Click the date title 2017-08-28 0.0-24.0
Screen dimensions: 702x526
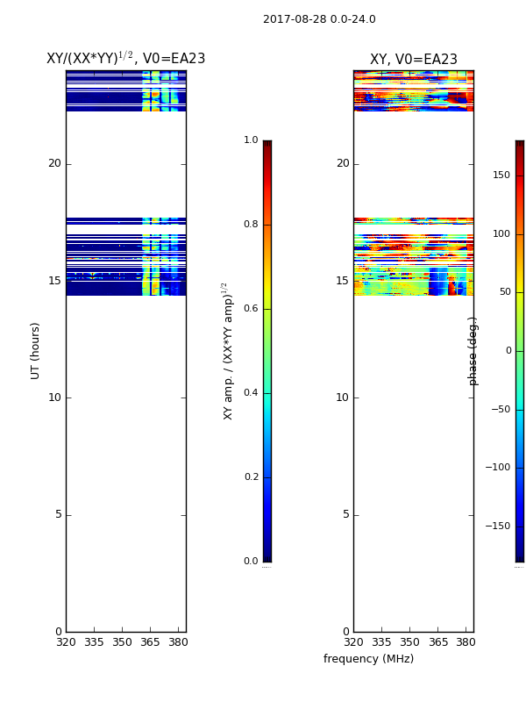(319, 19)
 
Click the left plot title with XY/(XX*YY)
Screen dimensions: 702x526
(125, 59)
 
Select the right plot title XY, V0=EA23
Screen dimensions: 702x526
(413, 60)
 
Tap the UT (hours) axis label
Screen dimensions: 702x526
(36, 350)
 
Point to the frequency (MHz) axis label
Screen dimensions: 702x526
(368, 659)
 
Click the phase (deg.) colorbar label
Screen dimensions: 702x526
(473, 350)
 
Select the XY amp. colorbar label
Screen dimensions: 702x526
(227, 350)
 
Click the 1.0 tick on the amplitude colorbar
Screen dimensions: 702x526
(251, 140)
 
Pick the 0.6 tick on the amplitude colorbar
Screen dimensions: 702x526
(251, 309)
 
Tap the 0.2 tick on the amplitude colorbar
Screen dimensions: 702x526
(251, 477)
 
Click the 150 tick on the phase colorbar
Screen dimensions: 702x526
(501, 175)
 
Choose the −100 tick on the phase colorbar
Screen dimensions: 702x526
(497, 468)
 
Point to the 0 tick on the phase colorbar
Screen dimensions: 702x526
(508, 351)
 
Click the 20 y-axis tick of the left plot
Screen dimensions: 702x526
(54, 164)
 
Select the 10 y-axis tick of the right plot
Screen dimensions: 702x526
(342, 398)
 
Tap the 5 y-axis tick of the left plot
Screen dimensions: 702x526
(58, 515)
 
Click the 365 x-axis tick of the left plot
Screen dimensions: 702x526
(151, 642)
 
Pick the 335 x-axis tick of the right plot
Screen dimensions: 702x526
(381, 642)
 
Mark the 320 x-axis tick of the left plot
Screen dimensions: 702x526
(66, 642)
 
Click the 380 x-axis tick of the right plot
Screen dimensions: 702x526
(466, 642)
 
